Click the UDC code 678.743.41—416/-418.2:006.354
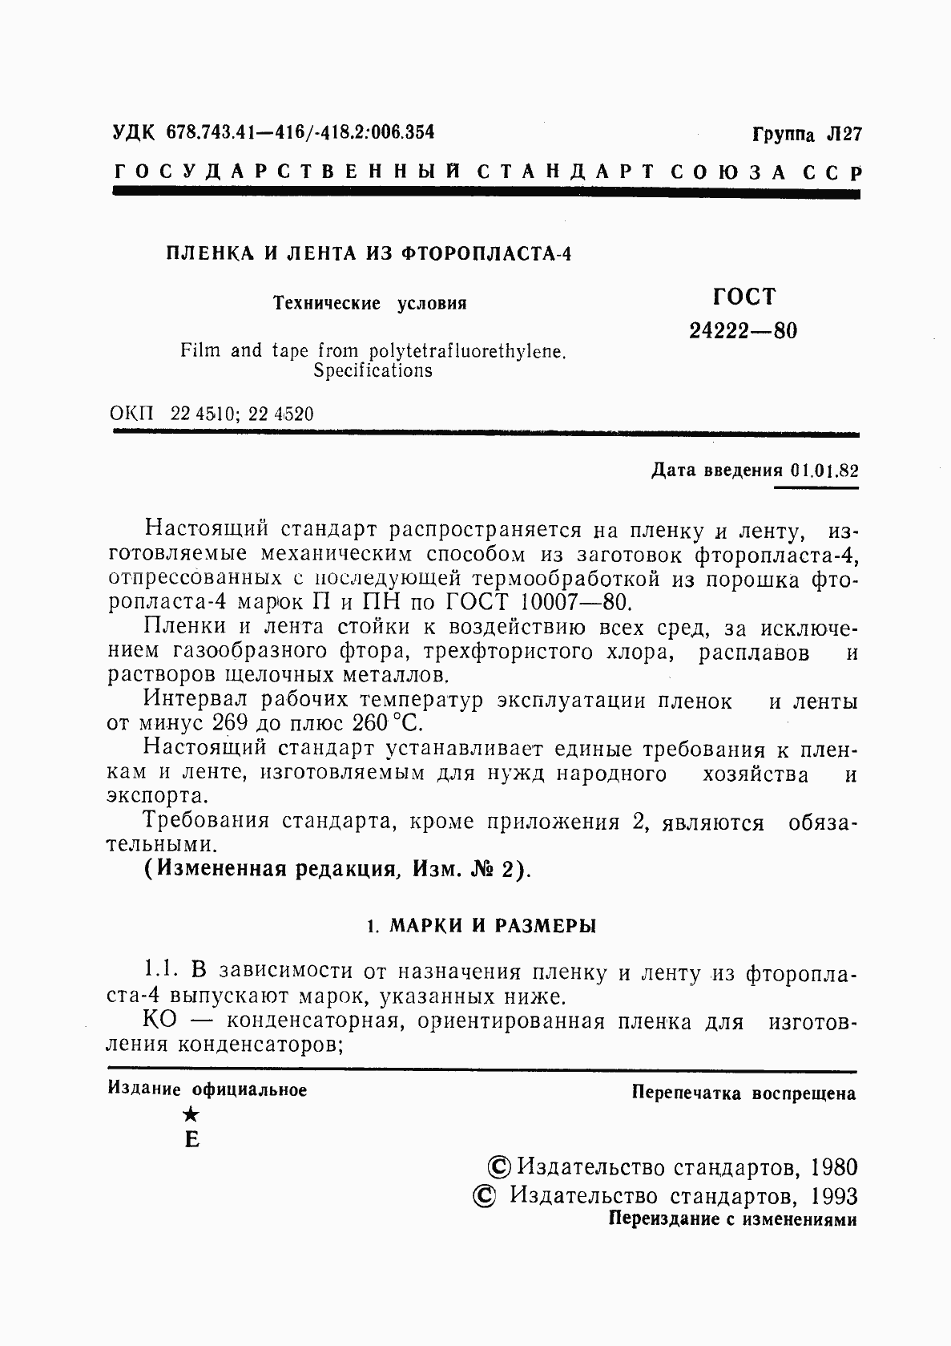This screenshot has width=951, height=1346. (300, 132)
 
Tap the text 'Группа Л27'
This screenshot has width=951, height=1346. (806, 134)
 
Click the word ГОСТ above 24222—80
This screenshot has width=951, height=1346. (743, 297)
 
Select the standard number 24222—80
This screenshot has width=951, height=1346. (743, 331)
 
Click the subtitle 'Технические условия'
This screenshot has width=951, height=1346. (370, 304)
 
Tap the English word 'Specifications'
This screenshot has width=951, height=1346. (373, 371)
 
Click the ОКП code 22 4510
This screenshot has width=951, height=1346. (201, 414)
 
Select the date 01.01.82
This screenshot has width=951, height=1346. (823, 471)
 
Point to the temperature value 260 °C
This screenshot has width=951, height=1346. (386, 723)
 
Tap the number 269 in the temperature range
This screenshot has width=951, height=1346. (233, 723)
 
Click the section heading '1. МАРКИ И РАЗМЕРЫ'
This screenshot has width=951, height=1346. (481, 927)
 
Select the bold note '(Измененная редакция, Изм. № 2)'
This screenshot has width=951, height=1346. (337, 870)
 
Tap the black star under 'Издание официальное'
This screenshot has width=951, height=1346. (191, 1114)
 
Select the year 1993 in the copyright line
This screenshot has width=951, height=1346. (833, 1196)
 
